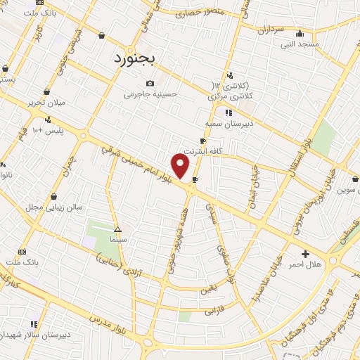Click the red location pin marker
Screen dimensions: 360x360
pyautogui.click(x=181, y=166)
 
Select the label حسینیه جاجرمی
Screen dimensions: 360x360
pyautogui.click(x=151, y=94)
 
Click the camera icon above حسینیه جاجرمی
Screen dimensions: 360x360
pyautogui.click(x=150, y=84)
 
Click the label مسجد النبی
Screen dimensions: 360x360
pyautogui.click(x=300, y=44)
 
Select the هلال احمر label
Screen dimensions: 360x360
pyautogui.click(x=305, y=264)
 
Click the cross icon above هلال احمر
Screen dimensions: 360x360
pyautogui.click(x=305, y=254)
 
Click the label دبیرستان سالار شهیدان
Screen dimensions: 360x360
pyautogui.click(x=34, y=335)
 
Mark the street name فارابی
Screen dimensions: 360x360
pyautogui.click(x=212, y=309)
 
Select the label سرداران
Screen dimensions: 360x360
pyautogui.click(x=269, y=30)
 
